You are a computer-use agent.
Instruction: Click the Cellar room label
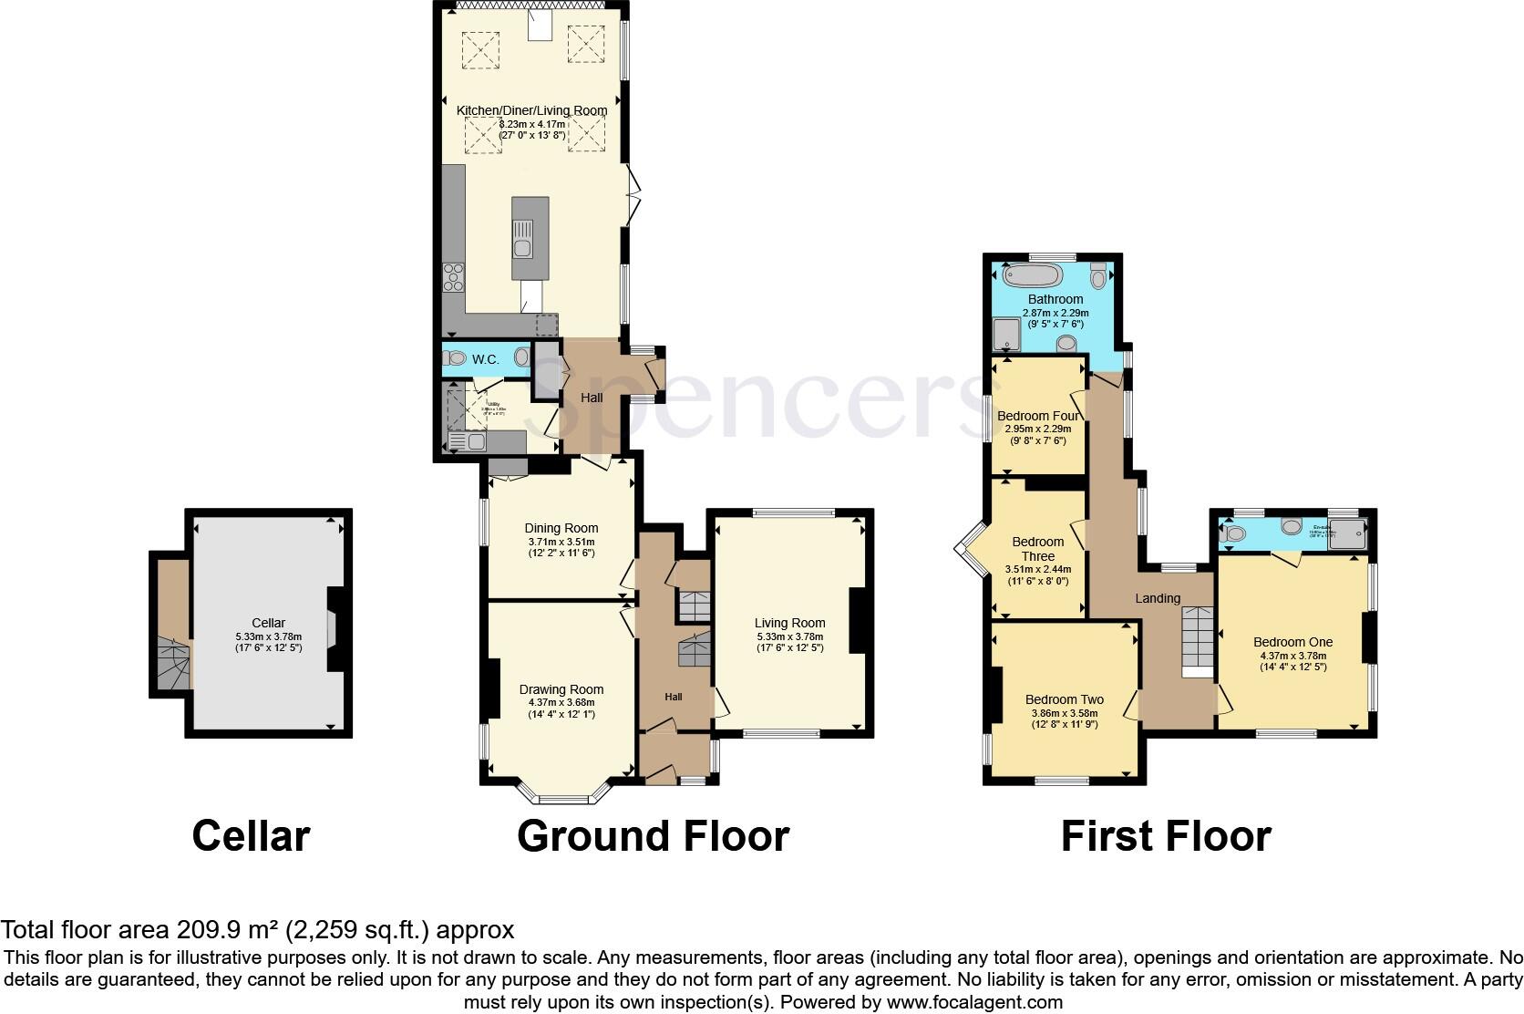(x=268, y=623)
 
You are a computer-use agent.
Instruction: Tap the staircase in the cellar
(x=174, y=662)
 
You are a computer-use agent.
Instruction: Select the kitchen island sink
(x=523, y=247)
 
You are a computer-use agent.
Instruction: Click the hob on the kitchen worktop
(x=453, y=277)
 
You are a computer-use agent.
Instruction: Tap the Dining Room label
(x=561, y=528)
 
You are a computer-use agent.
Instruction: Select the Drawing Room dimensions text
(x=561, y=709)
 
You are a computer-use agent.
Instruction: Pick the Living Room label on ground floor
(x=789, y=624)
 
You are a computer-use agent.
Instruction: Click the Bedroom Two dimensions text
(x=1064, y=719)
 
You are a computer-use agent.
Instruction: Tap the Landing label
(x=1158, y=598)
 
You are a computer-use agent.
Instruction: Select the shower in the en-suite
(x=1349, y=533)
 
